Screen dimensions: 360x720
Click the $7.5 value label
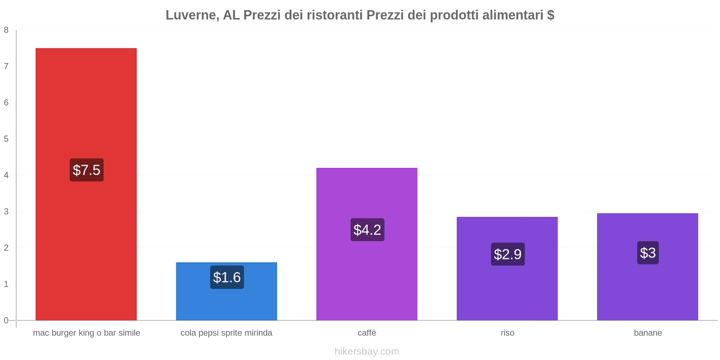click(x=86, y=170)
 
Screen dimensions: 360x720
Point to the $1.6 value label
click(x=227, y=277)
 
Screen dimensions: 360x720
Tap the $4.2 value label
click(x=367, y=230)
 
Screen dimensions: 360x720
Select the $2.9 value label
click(x=508, y=254)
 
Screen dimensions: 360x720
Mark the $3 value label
click(x=648, y=253)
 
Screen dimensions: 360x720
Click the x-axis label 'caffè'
click(x=367, y=333)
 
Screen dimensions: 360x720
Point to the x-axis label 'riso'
click(x=507, y=333)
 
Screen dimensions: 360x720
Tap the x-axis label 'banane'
click(x=648, y=333)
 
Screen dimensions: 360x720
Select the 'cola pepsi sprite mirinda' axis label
click(x=226, y=333)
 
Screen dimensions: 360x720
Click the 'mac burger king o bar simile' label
click(x=86, y=333)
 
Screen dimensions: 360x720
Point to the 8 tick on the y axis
click(x=6, y=30)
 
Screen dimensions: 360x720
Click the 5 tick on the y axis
click(x=6, y=139)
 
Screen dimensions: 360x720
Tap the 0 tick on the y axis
click(x=6, y=320)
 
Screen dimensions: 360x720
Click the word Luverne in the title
click(x=191, y=15)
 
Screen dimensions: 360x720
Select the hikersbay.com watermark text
click(x=367, y=351)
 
